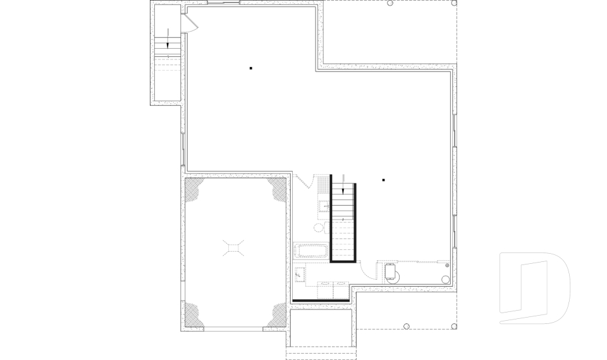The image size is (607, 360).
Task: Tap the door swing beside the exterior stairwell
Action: (x=190, y=24)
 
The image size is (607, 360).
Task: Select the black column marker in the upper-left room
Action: (x=251, y=68)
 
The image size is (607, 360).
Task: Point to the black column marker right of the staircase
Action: (x=383, y=180)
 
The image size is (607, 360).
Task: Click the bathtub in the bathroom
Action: (x=310, y=251)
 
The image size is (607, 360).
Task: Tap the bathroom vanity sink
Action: (x=324, y=205)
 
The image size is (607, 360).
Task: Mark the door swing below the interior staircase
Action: (x=365, y=273)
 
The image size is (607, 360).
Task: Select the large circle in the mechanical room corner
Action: (x=445, y=278)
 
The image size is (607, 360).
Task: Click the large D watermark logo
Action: (x=534, y=288)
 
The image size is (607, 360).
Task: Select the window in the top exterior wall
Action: (x=224, y=3)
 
